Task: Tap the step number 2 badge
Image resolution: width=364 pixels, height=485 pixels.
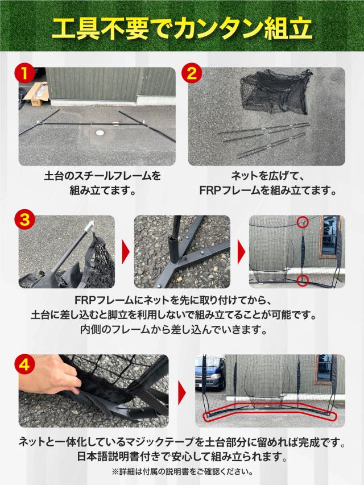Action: (x=192, y=74)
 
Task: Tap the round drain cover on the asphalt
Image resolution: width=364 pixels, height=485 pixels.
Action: (x=101, y=132)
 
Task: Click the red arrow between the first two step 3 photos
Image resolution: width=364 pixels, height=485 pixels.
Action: (x=125, y=251)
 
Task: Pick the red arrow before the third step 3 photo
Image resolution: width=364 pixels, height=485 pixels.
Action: (x=241, y=251)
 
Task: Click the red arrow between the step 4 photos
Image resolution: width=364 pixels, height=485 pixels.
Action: (x=182, y=391)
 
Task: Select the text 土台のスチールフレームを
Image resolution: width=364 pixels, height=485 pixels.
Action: (x=102, y=176)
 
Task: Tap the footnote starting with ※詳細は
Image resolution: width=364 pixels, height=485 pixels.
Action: (x=182, y=471)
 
